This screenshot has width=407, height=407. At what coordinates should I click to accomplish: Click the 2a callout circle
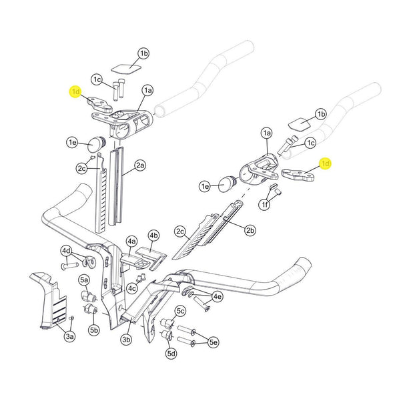click(140, 164)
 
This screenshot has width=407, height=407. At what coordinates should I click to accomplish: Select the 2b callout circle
click(250, 231)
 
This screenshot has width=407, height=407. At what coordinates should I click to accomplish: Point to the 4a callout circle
click(131, 241)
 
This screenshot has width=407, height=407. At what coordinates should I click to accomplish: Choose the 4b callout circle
click(154, 236)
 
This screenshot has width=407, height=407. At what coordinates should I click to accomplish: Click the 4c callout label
click(132, 288)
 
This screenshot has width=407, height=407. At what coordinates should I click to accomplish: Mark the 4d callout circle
click(67, 251)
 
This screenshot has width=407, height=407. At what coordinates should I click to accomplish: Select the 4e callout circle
click(217, 296)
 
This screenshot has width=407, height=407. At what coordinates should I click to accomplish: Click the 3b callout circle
click(127, 340)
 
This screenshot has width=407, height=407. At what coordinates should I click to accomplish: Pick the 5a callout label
click(84, 280)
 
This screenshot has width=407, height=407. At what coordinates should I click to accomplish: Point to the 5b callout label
click(94, 330)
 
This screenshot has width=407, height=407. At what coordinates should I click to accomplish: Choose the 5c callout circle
click(180, 311)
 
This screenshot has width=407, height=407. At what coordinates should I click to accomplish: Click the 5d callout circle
click(171, 353)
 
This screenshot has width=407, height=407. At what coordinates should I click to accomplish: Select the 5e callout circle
click(214, 342)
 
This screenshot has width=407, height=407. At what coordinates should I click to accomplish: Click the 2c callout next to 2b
click(180, 232)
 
